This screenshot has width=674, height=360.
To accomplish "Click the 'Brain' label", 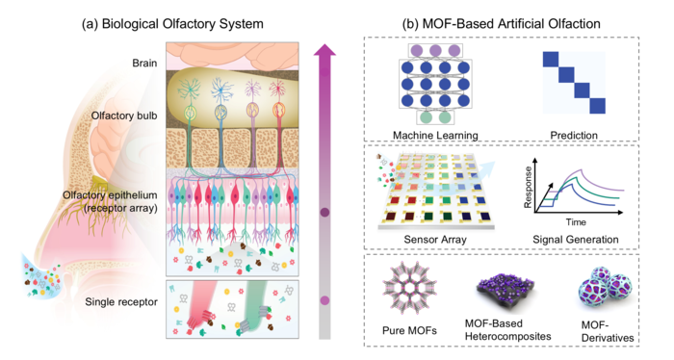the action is (144, 64).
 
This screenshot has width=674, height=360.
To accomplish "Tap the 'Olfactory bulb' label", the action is (124, 116).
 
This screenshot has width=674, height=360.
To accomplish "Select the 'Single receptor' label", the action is (121, 302).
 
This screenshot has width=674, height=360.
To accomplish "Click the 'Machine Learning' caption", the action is (435, 136).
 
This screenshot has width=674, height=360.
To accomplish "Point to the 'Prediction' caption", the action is (574, 136).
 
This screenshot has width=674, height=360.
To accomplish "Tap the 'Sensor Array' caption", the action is (435, 240).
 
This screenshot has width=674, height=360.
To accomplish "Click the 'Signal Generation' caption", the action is (576, 240).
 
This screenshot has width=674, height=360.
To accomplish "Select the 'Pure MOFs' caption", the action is (409, 330).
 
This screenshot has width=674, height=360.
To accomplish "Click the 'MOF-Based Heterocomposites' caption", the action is (507, 329).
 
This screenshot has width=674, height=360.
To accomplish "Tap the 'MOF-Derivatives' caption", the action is (608, 331).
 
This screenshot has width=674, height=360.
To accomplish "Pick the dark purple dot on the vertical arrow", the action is (325, 212).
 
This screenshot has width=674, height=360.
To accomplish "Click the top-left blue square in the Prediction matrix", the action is (551, 60).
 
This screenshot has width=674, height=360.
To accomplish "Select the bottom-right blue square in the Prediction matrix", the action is (598, 106).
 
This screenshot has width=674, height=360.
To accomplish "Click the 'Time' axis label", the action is (576, 222).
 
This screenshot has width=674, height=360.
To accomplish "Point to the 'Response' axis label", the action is (528, 188).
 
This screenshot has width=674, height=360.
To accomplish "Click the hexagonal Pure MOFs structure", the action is (403, 288).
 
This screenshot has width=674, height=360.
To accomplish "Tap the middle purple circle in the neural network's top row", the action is (435, 51).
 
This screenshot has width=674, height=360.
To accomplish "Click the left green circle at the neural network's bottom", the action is (426, 117).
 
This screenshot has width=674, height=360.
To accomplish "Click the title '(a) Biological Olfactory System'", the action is (172, 23).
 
